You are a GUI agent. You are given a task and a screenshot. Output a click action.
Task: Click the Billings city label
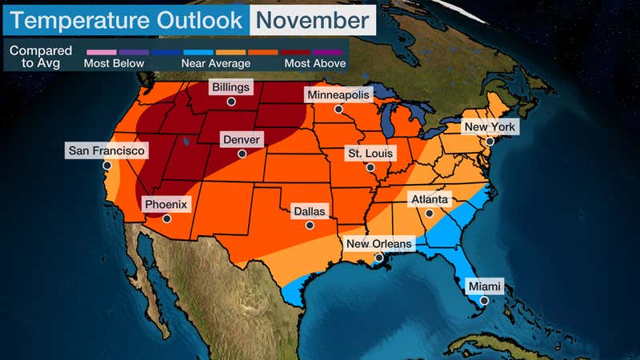tap(230, 87)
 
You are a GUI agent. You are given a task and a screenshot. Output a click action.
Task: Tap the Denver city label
tap(242, 138)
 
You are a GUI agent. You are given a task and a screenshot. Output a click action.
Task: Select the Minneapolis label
tap(339, 95)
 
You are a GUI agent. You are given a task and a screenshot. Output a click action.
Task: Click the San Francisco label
tap(106, 150)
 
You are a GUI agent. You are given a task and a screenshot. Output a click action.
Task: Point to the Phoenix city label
tap(166, 205)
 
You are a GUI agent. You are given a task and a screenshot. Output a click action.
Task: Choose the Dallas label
tap(310, 211)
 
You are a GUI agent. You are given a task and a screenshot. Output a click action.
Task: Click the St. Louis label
tap(370, 153)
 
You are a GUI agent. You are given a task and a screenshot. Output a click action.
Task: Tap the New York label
tap(490, 126)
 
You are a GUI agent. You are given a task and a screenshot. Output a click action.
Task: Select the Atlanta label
tap(430, 199)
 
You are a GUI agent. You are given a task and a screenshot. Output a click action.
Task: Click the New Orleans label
tap(378, 244)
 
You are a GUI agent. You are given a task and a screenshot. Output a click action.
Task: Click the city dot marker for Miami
tap(483, 301)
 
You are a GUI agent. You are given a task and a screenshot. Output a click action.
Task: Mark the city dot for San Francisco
tap(106, 166)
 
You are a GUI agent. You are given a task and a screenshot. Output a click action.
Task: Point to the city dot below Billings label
tap(230, 102)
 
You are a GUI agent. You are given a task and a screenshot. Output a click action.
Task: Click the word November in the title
tap(312, 18)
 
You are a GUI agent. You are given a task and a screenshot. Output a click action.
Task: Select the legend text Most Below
tap(110, 63)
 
